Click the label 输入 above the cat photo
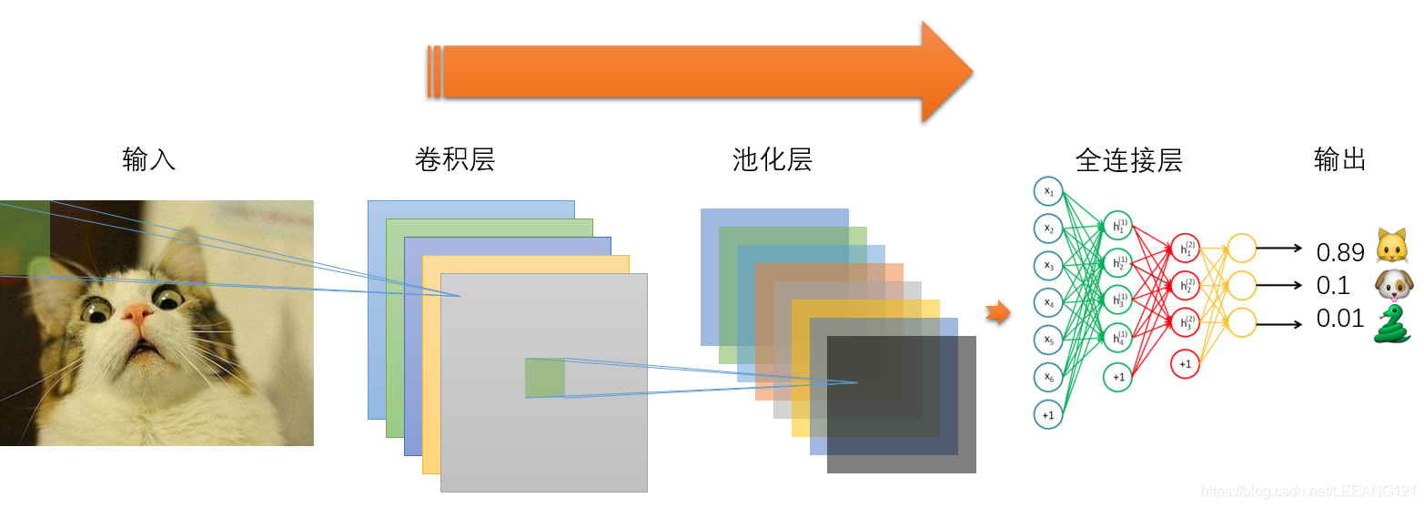click(148, 160)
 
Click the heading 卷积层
click(455, 160)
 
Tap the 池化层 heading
click(772, 160)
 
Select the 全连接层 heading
click(1128, 161)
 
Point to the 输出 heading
click(1340, 160)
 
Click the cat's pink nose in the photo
click(137, 315)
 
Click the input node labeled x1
click(1048, 191)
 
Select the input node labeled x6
click(1048, 377)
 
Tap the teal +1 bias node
click(1048, 415)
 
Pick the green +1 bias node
click(1118, 377)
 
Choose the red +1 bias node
click(1185, 363)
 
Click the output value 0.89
click(1339, 252)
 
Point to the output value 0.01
click(1339, 319)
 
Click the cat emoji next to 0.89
click(1392, 247)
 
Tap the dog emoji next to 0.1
click(1392, 285)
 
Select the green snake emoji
click(1392, 323)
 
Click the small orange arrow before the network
click(998, 314)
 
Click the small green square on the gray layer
click(544, 378)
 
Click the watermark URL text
click(1309, 492)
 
